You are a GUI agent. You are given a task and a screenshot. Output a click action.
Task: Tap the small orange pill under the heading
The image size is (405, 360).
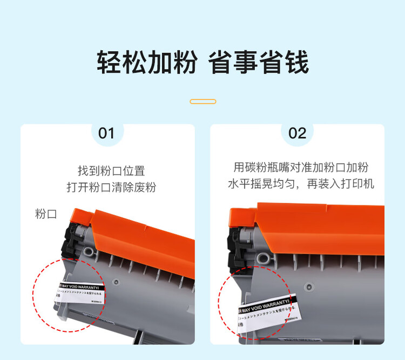click(203, 102)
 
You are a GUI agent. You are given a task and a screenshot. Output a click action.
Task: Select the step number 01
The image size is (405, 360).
click(106, 133)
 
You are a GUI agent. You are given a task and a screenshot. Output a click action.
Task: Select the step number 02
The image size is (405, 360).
click(297, 133)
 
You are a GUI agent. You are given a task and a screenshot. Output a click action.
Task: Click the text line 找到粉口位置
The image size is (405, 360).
click(111, 171)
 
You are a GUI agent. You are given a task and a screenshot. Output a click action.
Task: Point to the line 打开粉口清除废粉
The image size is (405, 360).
click(111, 188)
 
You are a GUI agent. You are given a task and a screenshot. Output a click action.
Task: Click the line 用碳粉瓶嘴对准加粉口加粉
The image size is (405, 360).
click(301, 168)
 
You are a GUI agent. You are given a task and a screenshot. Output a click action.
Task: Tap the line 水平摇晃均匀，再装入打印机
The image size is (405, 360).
click(301, 184)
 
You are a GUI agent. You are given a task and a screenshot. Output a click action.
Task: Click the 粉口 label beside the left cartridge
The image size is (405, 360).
click(46, 214)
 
